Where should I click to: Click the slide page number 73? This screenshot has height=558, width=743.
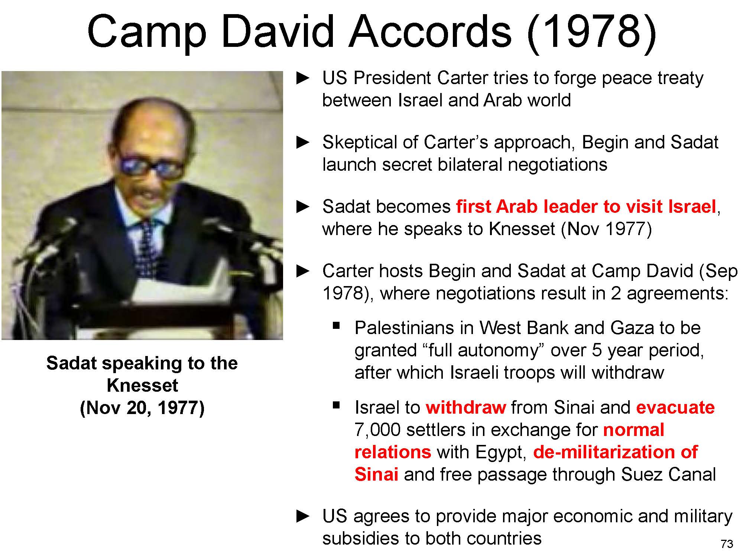pos(727,544)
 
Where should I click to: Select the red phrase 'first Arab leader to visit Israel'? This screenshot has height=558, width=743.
pos(586,207)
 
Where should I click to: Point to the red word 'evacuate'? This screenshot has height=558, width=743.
pos(675,408)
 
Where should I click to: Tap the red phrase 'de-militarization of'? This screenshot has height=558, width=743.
pos(615,452)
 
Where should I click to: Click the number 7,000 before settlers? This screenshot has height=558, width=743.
pos(377,430)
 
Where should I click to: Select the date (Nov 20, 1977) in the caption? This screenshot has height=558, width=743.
pos(142,408)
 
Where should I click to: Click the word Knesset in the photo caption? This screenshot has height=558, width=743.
pos(142,385)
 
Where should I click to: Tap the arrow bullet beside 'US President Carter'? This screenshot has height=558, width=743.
pos(303,78)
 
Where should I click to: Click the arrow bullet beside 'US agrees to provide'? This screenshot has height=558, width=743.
pos(303,516)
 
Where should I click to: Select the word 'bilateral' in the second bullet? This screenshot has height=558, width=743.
pos(470,164)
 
